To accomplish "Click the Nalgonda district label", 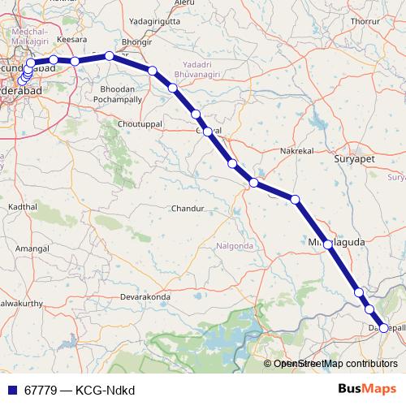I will click(x=235, y=245).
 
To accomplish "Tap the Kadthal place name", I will click(x=22, y=207).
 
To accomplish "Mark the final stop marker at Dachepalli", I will click(x=385, y=328).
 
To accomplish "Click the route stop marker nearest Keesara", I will click(x=75, y=61).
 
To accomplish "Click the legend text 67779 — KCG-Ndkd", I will click(x=79, y=389).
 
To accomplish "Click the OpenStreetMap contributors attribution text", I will click(x=335, y=365).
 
